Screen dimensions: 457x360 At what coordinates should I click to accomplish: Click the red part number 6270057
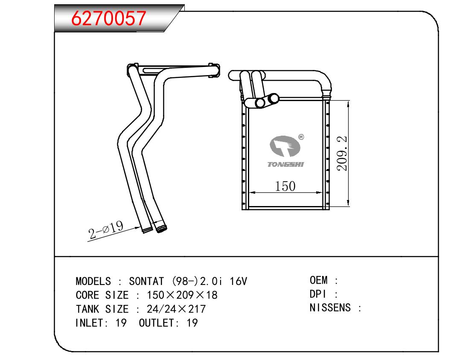click(x=108, y=18)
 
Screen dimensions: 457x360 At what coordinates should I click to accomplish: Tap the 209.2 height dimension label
click(x=342, y=153)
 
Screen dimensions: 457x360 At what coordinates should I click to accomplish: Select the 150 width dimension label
click(x=285, y=186)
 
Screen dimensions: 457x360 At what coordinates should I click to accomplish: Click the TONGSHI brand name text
click(x=285, y=164)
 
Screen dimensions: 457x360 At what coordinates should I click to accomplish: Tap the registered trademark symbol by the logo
click(x=301, y=136)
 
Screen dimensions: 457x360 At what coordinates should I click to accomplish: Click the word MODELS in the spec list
click(x=93, y=281)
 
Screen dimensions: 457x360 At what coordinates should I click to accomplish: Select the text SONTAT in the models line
click(x=146, y=281)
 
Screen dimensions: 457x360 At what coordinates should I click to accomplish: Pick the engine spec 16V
click(x=238, y=281)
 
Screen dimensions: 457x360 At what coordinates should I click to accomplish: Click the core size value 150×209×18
click(x=182, y=295)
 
